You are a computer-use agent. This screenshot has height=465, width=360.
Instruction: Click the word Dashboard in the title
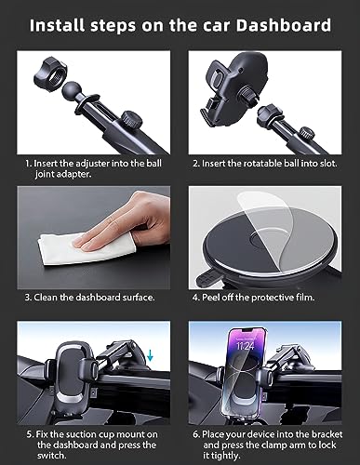[x=284, y=25]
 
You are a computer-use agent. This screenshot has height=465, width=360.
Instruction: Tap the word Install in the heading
[x=58, y=25]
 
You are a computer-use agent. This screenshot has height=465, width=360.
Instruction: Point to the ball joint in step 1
[x=72, y=89]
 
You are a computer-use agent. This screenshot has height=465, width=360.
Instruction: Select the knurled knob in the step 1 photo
[x=131, y=120]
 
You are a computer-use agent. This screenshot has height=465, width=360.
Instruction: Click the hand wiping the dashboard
[x=124, y=222]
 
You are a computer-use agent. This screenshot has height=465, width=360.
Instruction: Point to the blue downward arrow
[x=150, y=355]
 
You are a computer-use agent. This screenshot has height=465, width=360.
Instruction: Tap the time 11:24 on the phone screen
[x=246, y=345]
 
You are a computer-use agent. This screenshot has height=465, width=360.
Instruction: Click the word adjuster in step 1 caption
[x=93, y=164]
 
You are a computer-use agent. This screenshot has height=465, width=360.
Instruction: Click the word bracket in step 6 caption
[x=327, y=434]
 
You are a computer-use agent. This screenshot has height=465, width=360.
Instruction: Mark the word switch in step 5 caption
[x=52, y=456]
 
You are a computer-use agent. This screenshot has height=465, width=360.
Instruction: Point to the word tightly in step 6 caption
[x=226, y=456]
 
